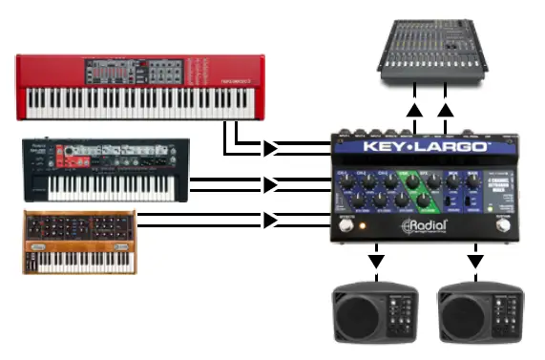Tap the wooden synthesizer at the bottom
click(x=80, y=243)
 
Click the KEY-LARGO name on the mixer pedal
click(x=413, y=149)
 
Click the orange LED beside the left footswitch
click(x=363, y=225)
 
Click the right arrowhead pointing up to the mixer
click(x=446, y=111)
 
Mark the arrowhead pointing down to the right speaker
click(x=474, y=260)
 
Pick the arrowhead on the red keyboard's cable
click(x=272, y=148)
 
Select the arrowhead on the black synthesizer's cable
click(x=272, y=183)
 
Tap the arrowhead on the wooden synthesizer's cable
click(x=272, y=220)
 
